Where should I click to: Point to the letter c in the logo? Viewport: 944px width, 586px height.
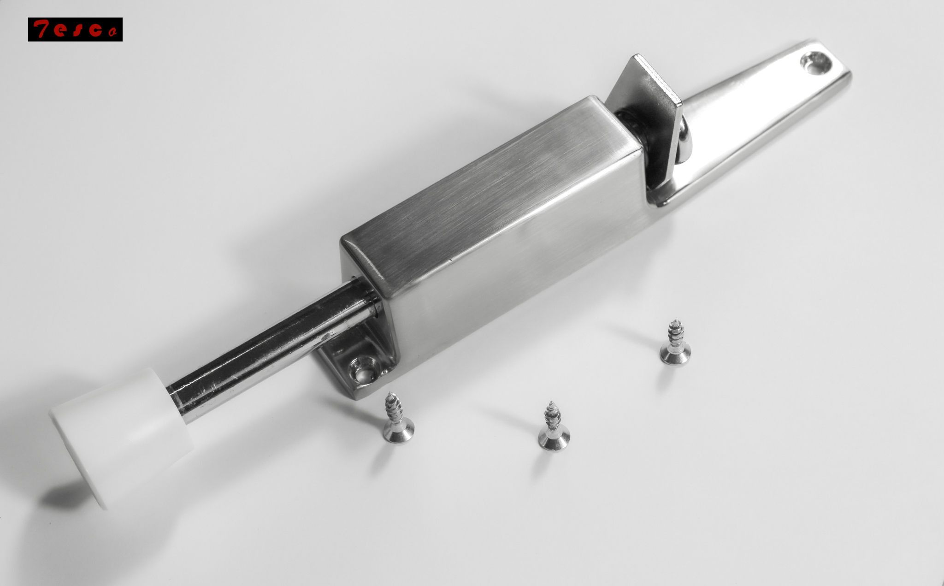pos(95,30)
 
